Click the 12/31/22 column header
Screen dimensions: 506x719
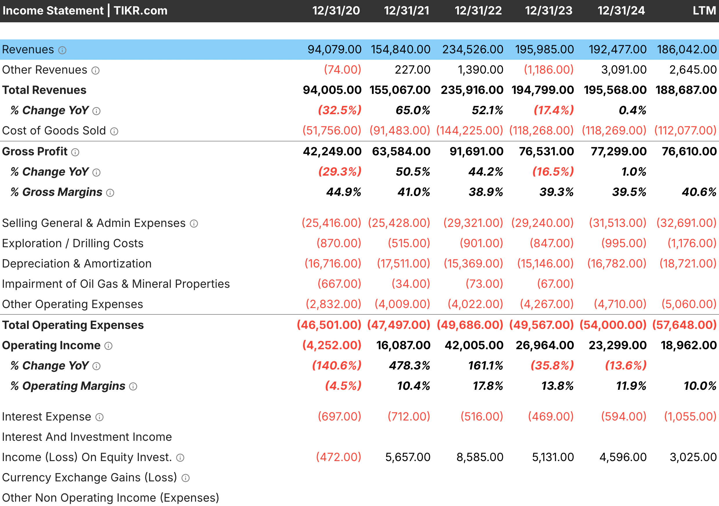(x=478, y=11)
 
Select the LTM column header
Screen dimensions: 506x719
(x=704, y=11)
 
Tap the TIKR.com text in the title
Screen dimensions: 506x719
(x=141, y=11)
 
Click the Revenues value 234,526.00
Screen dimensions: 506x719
(x=473, y=50)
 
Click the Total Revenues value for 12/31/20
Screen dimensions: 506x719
(x=332, y=90)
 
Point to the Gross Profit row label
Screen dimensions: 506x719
(x=35, y=152)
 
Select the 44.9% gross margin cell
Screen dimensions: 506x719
(x=344, y=192)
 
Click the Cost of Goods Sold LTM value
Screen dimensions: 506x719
(x=685, y=131)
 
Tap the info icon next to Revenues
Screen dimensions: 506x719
(x=63, y=50)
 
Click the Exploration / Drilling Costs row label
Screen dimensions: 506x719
(x=73, y=243)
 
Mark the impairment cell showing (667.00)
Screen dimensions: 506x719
(x=339, y=284)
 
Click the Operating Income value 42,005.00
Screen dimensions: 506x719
(x=474, y=345)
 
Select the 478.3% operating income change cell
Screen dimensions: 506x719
(x=409, y=366)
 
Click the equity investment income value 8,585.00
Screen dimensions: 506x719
(x=480, y=457)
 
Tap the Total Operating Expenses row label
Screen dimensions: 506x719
(x=73, y=325)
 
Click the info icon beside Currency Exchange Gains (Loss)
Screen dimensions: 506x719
(x=186, y=478)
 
